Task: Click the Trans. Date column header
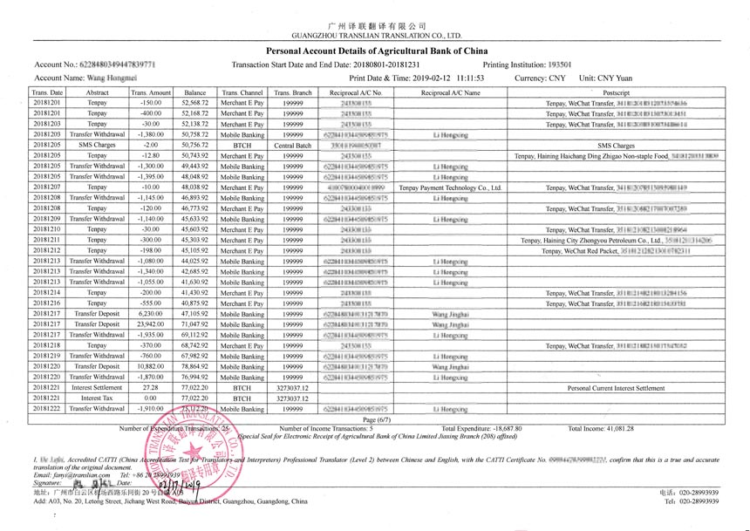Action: click(x=47, y=92)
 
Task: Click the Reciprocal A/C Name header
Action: click(x=450, y=92)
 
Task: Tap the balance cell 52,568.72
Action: click(x=194, y=103)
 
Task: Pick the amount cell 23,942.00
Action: click(x=151, y=323)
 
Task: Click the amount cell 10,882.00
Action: click(x=151, y=366)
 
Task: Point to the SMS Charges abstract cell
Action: click(x=98, y=145)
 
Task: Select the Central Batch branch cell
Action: click(x=293, y=145)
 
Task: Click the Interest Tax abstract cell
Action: click(x=98, y=398)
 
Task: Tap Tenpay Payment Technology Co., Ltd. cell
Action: click(x=450, y=187)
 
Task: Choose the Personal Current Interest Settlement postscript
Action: click(x=616, y=387)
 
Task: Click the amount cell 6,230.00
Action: click(x=151, y=313)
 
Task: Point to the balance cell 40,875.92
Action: click(x=194, y=303)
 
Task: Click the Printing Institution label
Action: click(x=513, y=65)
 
